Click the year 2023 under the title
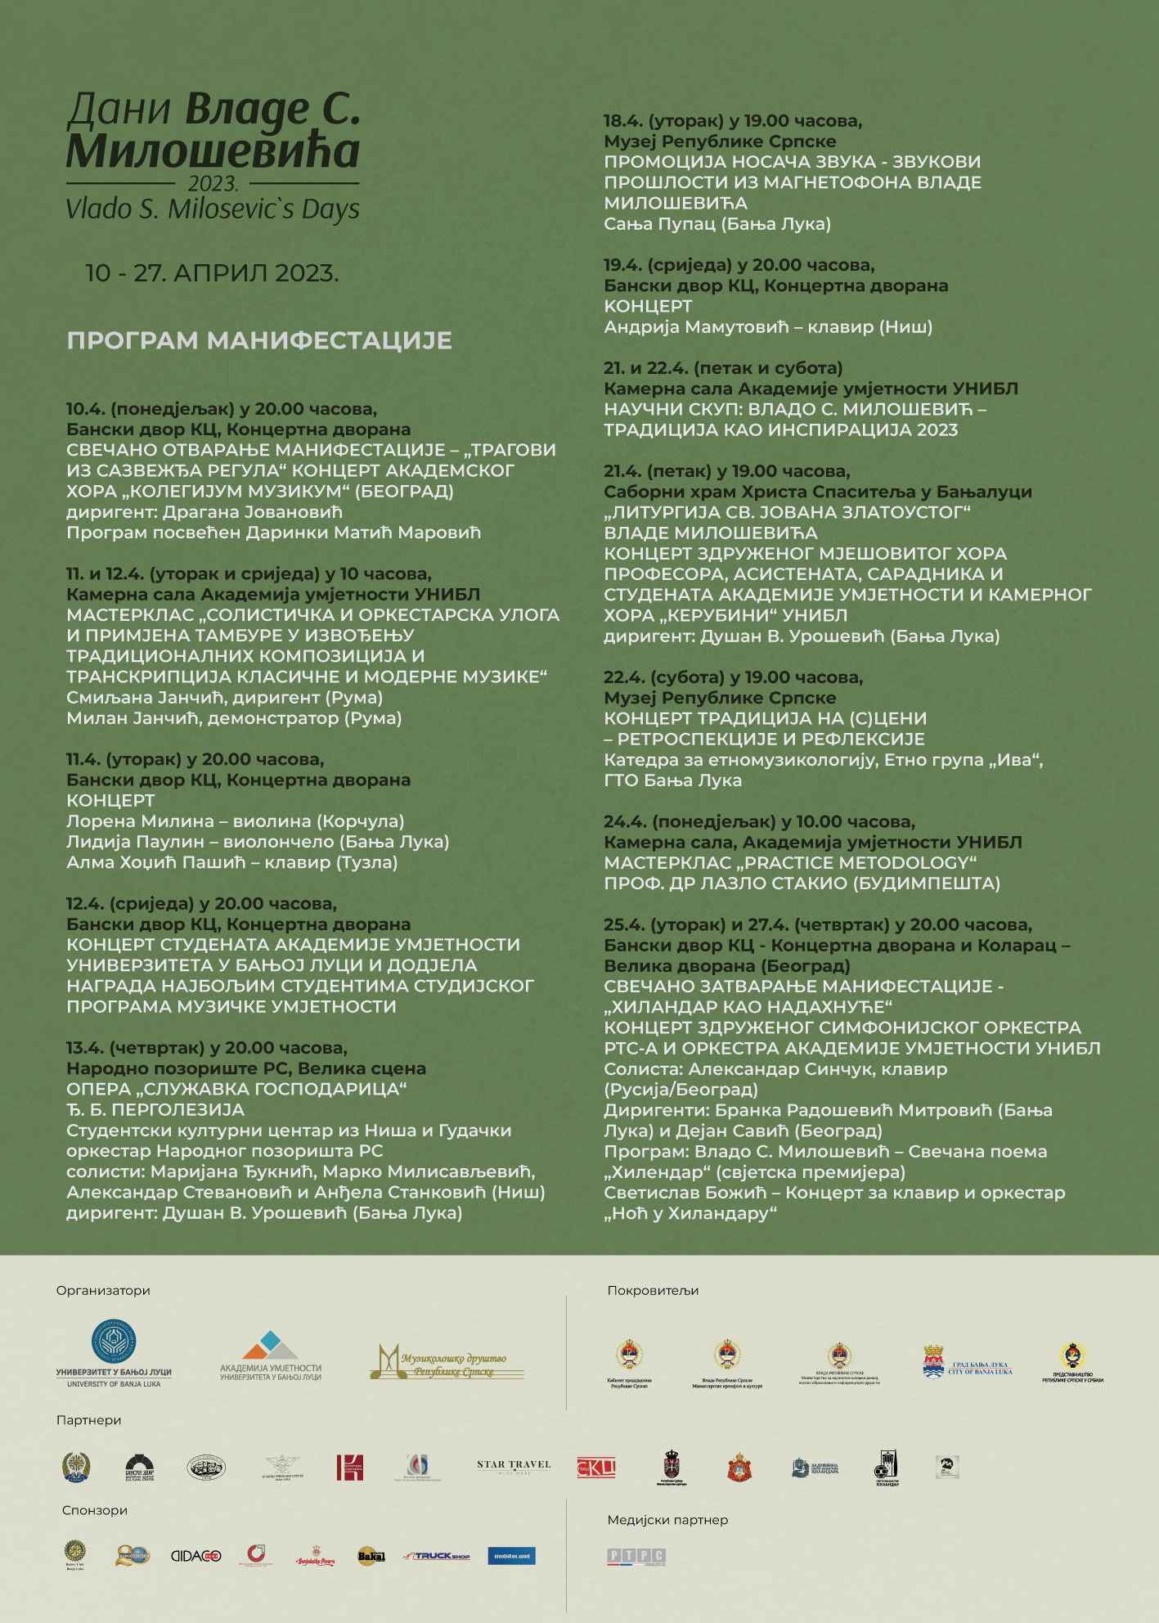click(213, 183)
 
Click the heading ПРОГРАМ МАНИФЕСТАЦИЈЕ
click(259, 340)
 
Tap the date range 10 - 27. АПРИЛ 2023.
click(212, 273)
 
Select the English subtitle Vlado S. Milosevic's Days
click(213, 209)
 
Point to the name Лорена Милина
click(140, 821)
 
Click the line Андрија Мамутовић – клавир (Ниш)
click(767, 327)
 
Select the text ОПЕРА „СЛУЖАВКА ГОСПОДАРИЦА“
click(236, 1089)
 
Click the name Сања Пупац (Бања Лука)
click(717, 224)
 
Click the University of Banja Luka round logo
click(114, 1342)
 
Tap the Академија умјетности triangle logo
click(270, 1346)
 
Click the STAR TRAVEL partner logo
click(514, 1467)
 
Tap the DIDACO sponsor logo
click(195, 1556)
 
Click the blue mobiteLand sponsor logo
click(511, 1556)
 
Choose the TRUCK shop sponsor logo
click(437, 1556)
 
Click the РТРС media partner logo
click(636, 1556)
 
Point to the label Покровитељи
click(653, 1291)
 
